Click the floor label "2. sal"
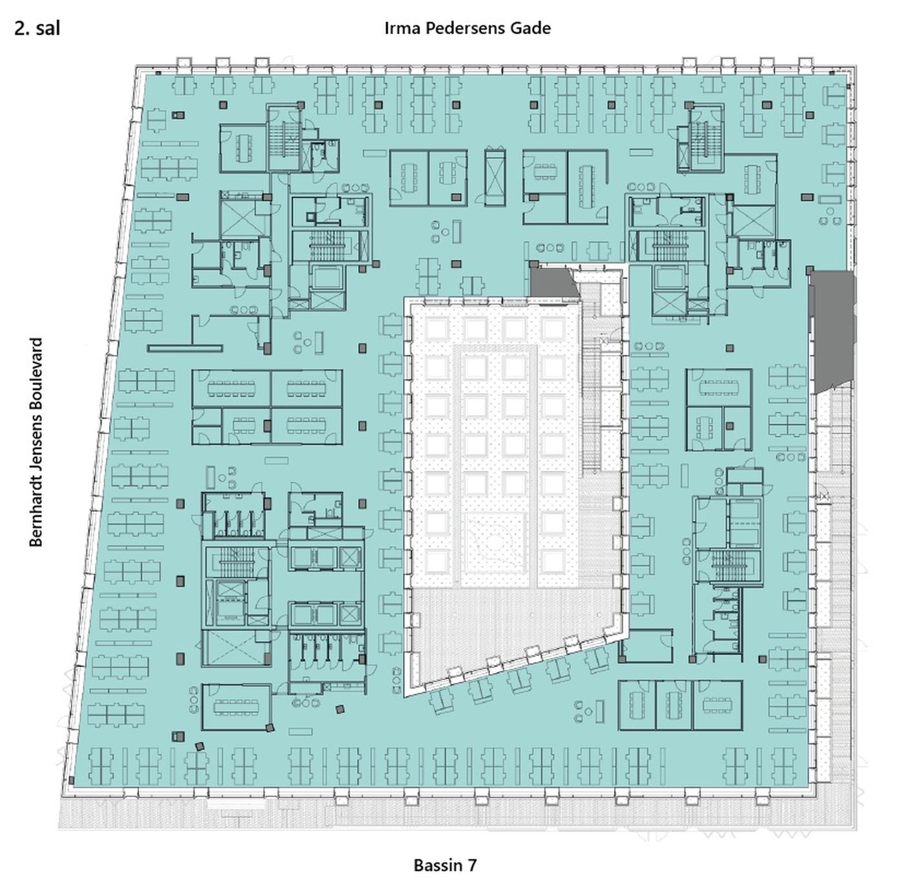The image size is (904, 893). coord(37,28)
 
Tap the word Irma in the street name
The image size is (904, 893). coord(402,28)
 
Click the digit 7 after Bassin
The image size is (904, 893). coord(471,865)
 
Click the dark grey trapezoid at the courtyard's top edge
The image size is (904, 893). coord(554,282)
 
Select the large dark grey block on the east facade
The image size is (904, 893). coord(834,331)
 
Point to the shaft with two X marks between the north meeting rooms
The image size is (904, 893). coord(495,178)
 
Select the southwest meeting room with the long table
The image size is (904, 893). coord(237,706)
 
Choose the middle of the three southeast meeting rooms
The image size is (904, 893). coord(674,705)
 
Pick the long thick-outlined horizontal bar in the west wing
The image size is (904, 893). coord(185,348)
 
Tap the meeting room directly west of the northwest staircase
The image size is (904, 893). coord(243,149)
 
